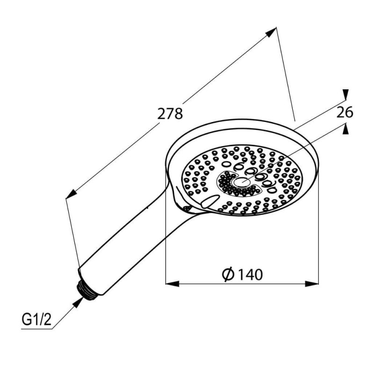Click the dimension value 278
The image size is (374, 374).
tap(170, 114)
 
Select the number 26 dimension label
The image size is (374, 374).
tap(344, 112)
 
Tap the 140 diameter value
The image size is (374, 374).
tap(250, 274)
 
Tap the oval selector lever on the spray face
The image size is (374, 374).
tap(209, 201)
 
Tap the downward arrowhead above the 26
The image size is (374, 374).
tap(345, 95)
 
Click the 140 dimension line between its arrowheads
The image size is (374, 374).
tap(206, 283)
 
